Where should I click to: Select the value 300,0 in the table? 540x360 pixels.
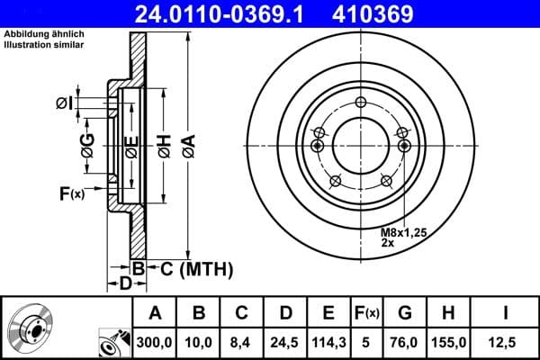coord(155,341)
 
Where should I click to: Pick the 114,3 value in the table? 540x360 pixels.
coord(328,341)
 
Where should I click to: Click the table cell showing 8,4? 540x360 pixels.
coord(242,341)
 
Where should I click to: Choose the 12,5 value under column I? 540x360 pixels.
coord(506,341)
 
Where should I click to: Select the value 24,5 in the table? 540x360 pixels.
coord(285,341)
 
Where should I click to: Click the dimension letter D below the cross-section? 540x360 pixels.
coord(126,283)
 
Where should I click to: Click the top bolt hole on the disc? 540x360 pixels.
coord(360,102)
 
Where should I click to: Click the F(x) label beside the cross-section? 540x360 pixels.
coord(71,193)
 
